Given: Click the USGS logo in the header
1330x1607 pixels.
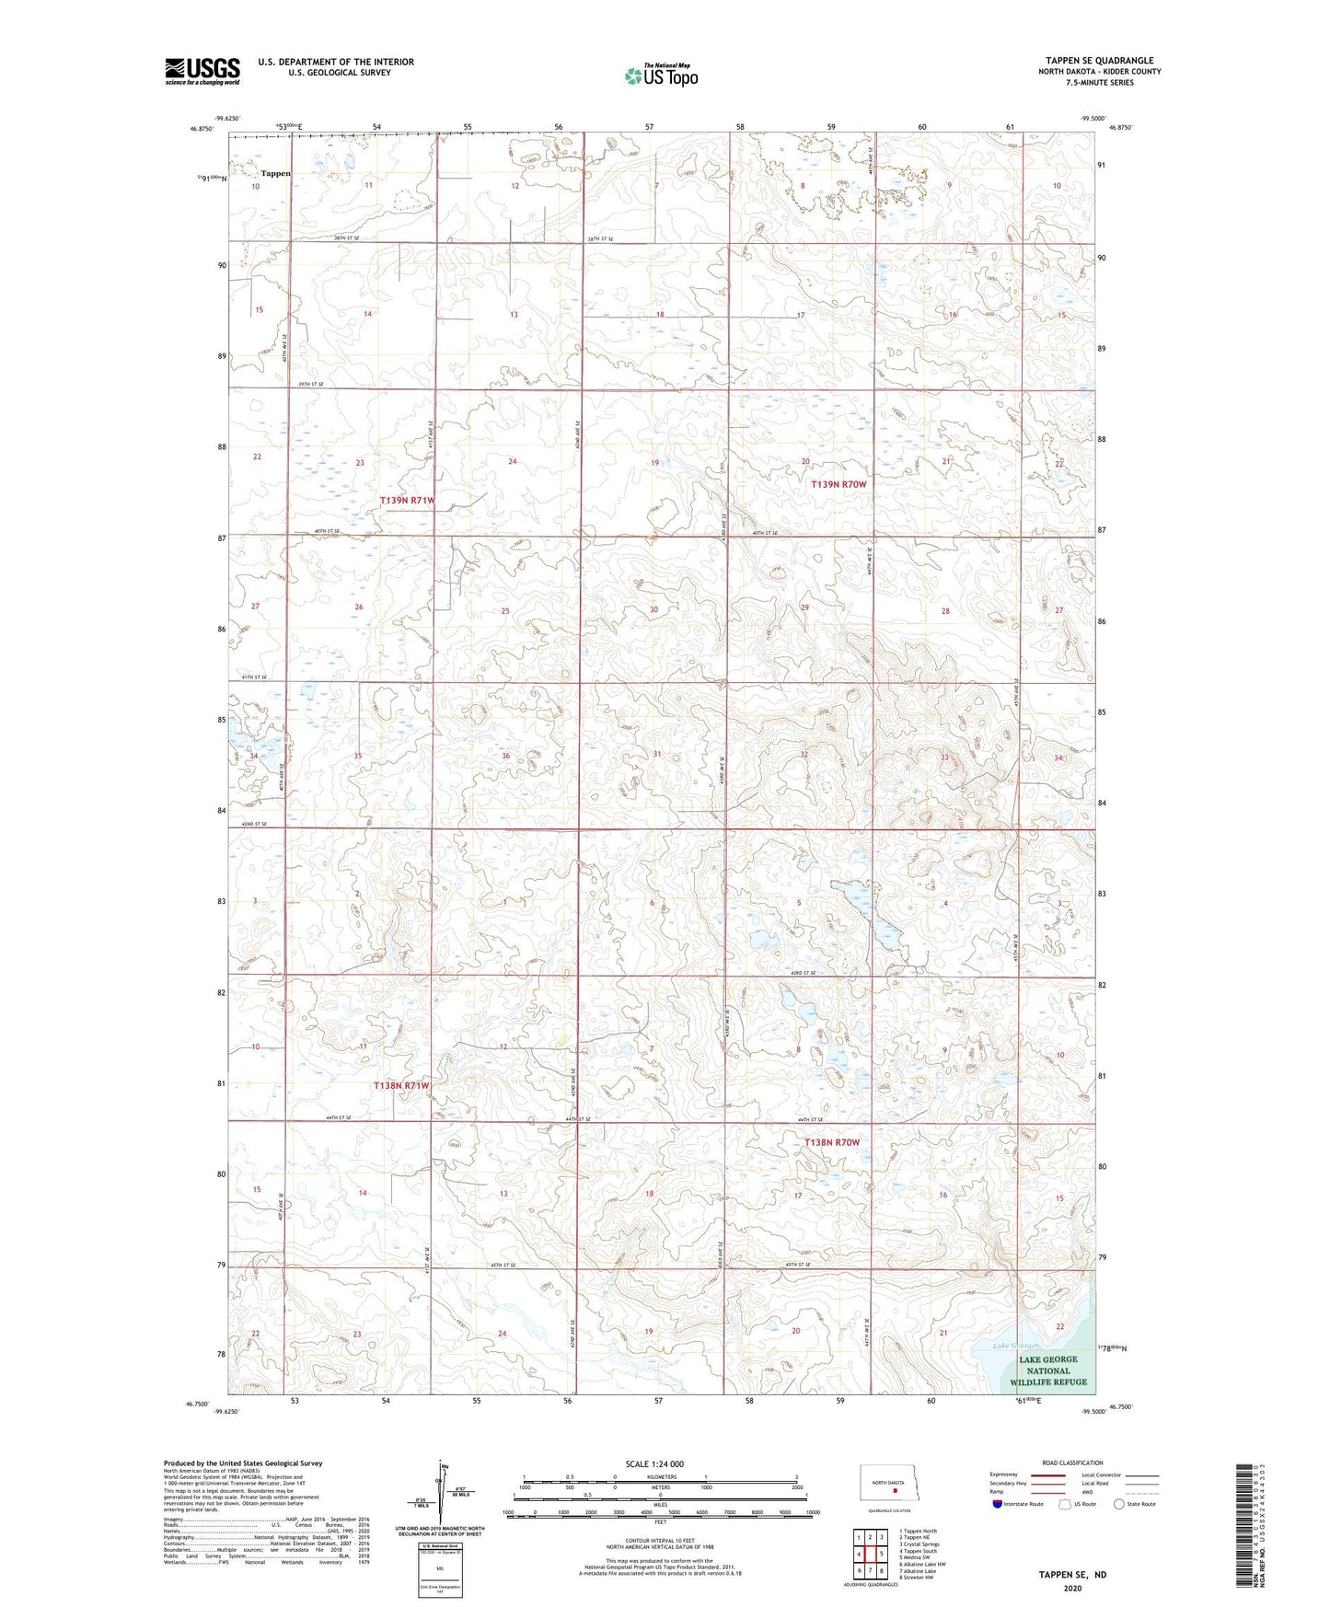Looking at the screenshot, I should click(202, 71).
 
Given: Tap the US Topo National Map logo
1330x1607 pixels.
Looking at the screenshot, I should click(660, 75).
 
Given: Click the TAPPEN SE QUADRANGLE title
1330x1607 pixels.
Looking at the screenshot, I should click(1099, 61).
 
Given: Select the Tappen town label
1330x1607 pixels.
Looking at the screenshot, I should click(275, 173).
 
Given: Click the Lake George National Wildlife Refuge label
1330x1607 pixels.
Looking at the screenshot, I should click(1048, 1370).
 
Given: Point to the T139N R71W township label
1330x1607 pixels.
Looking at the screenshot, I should click(407, 500).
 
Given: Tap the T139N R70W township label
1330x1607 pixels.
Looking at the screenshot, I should click(838, 484).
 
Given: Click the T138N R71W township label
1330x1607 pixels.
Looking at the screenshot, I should click(401, 1085).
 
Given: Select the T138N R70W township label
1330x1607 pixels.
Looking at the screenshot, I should click(832, 1142).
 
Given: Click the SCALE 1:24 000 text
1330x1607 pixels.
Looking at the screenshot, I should click(654, 1463).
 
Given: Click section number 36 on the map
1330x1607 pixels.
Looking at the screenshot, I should click(505, 757).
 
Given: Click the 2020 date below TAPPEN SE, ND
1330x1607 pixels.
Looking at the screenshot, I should click(1072, 1589).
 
